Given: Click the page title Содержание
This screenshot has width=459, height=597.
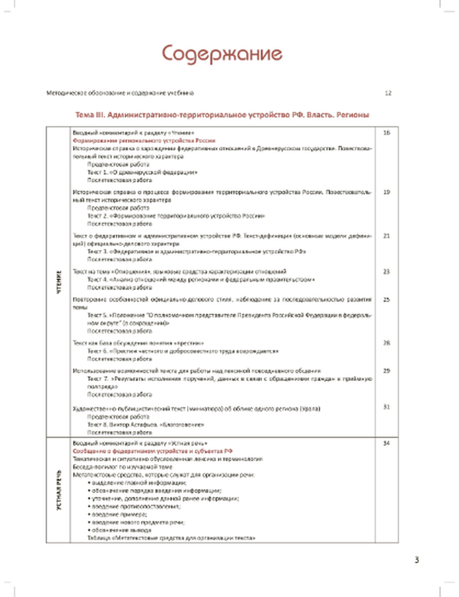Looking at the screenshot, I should [222, 54].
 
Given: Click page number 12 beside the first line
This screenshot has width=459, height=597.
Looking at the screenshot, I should [388, 93].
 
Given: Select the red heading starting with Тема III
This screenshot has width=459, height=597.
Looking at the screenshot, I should [222, 115].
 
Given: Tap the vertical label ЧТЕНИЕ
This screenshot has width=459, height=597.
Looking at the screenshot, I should [59, 282].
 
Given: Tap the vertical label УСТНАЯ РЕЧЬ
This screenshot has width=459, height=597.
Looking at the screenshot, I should [59, 490].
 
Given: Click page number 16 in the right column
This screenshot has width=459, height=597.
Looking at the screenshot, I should [386, 133].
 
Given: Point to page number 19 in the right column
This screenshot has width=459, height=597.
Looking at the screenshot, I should [386, 192].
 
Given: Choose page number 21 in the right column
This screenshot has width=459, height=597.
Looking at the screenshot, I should [386, 236].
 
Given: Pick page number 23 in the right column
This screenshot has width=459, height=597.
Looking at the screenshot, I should [386, 271].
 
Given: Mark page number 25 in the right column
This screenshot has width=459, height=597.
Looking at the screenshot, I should [386, 299].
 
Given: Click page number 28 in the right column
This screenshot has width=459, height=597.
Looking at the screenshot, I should [386, 343].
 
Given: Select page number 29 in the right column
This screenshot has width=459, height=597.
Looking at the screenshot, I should [386, 371].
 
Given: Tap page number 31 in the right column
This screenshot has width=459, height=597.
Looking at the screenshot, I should [386, 407].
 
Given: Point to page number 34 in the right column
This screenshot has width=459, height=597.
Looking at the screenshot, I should [386, 443].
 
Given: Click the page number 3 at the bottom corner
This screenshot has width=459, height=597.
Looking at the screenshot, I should [416, 560].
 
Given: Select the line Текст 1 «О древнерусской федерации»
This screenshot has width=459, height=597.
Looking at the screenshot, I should [142, 172].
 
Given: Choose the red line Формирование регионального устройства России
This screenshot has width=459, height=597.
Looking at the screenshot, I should [144, 141].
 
